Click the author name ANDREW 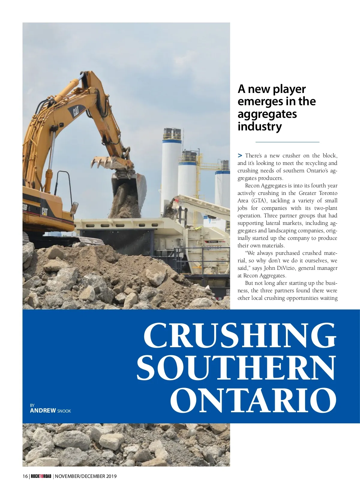point(43,410)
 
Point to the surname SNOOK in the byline point(64,411)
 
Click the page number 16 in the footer point(25,476)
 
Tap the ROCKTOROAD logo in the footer point(41,476)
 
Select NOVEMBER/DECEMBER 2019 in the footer point(86,476)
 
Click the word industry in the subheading point(259,126)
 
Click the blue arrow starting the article point(240,155)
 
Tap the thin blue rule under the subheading point(287,142)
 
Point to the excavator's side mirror point(74,207)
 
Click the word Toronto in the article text point(328,193)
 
